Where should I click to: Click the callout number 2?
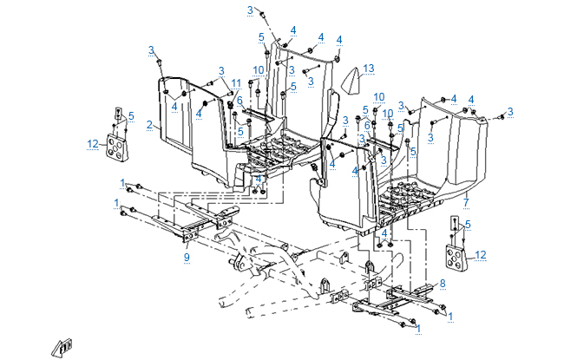pos(149,126)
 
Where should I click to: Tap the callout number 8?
pos(443,283)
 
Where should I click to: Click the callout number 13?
pos(369,68)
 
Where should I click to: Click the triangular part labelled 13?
pos(351,81)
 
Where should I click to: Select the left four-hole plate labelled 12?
pos(115,147)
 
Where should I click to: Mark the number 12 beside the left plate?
pos(91,144)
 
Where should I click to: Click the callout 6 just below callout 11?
pos(239,101)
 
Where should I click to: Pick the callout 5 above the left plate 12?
pos(131,115)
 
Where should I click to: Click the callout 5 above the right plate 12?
pos(469,225)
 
